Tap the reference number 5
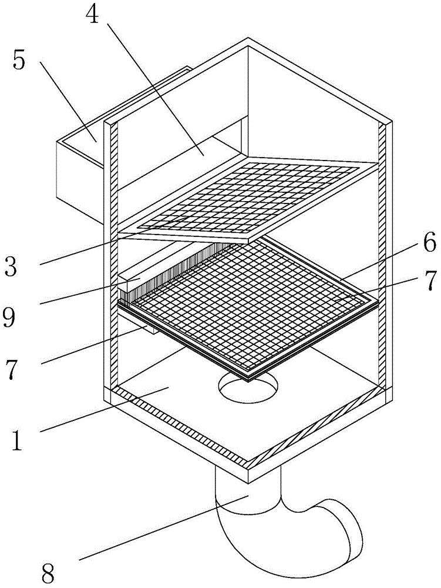click(19, 62)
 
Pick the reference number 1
click(18, 440)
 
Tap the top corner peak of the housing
click(249, 42)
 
